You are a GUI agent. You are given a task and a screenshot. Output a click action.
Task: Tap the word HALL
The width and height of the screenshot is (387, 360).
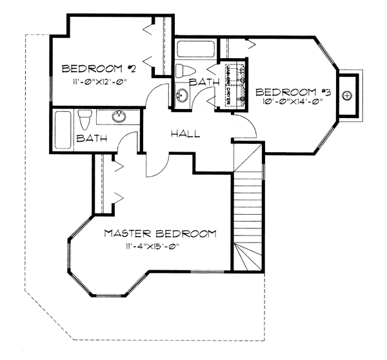[x=184, y=134]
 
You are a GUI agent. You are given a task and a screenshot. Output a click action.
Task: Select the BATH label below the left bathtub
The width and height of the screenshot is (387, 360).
[x=91, y=138]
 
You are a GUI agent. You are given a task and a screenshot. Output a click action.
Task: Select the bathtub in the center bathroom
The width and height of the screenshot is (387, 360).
[x=196, y=49]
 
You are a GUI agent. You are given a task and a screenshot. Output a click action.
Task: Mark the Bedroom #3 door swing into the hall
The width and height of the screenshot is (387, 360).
[x=245, y=126]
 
